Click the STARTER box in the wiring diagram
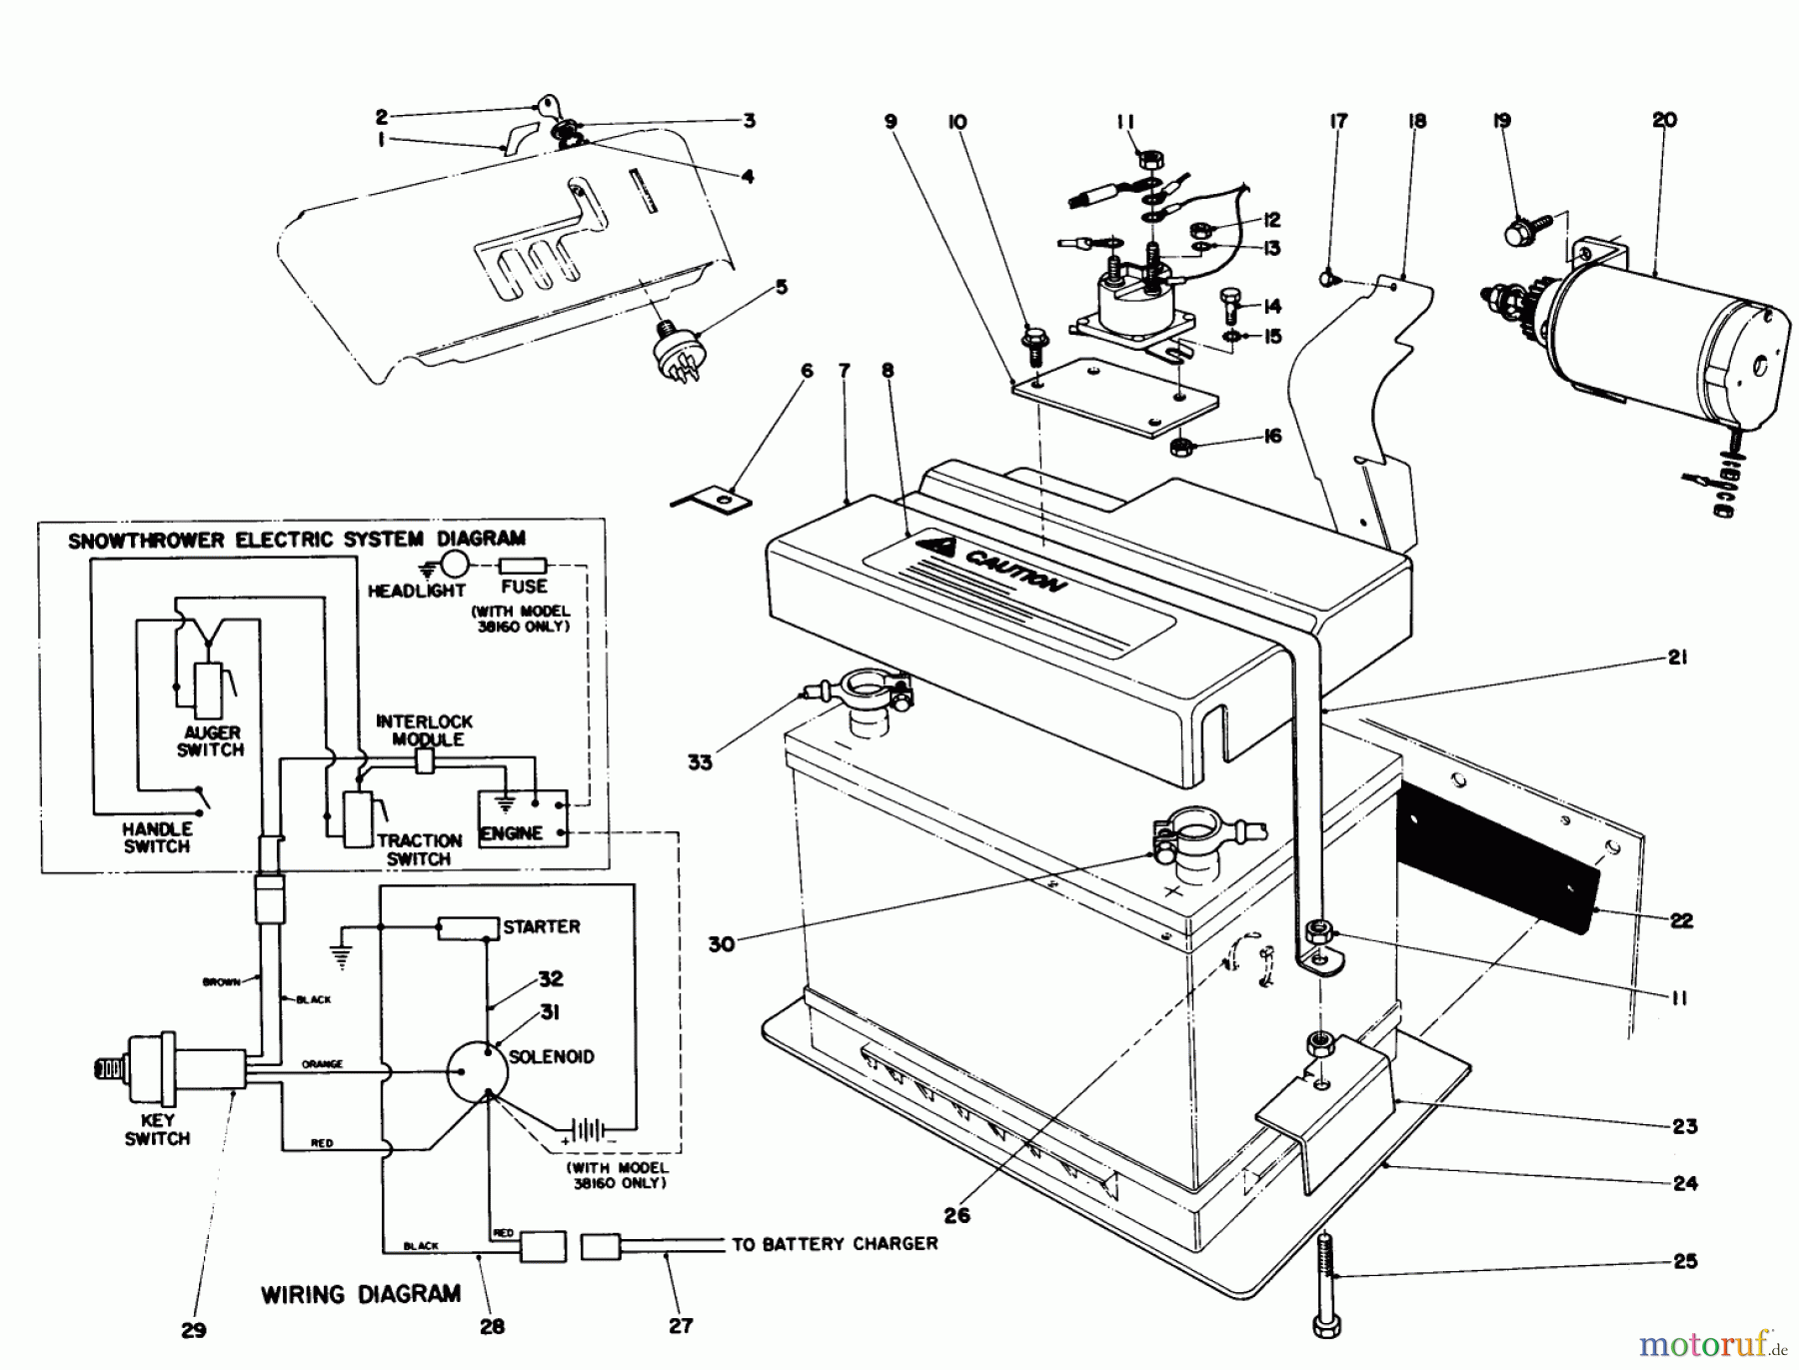click(468, 928)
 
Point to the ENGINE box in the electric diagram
click(523, 818)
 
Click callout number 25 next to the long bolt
click(1685, 1261)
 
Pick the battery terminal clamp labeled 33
click(865, 692)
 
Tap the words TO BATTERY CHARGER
click(835, 1244)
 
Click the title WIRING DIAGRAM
click(361, 1294)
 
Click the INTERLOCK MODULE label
click(424, 730)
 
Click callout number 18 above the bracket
click(1416, 121)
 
